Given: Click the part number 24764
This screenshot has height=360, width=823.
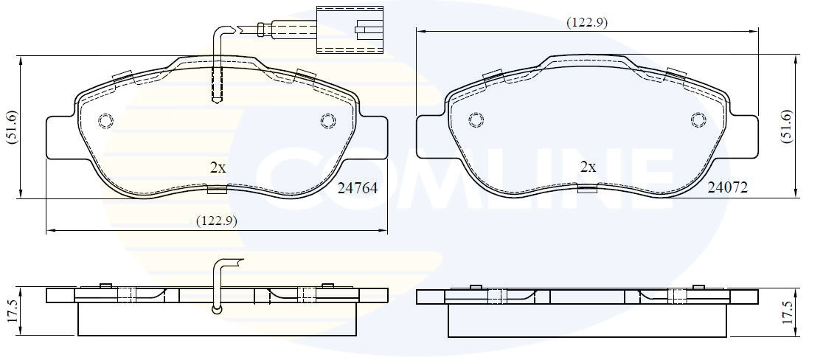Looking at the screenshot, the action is click(x=358, y=188).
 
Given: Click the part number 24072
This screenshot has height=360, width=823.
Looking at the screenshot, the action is click(x=727, y=187).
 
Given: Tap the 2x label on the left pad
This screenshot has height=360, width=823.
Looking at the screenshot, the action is click(x=218, y=168).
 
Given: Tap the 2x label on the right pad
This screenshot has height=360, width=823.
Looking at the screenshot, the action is click(x=588, y=167).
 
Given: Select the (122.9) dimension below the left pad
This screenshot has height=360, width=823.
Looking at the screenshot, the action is click(x=217, y=221).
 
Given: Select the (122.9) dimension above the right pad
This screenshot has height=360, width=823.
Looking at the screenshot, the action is click(x=587, y=23).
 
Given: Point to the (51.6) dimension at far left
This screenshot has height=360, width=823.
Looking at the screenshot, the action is click(x=12, y=126).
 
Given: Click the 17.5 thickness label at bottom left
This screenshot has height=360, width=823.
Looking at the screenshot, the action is click(x=13, y=311).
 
